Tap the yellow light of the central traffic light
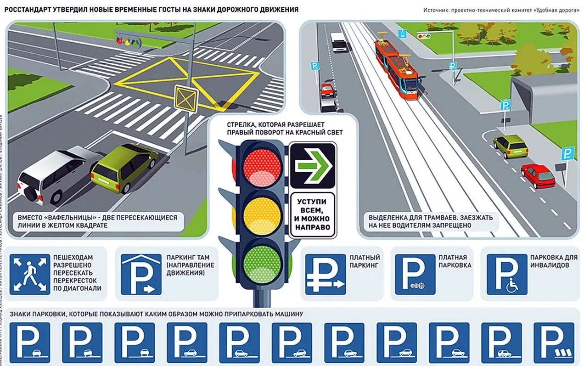(261, 215)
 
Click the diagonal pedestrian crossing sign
(30, 274)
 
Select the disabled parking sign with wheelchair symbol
(507, 274)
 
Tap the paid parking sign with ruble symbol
(326, 274)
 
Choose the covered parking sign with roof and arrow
(141, 274)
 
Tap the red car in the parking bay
(538, 176)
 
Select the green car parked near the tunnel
(511, 146)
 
